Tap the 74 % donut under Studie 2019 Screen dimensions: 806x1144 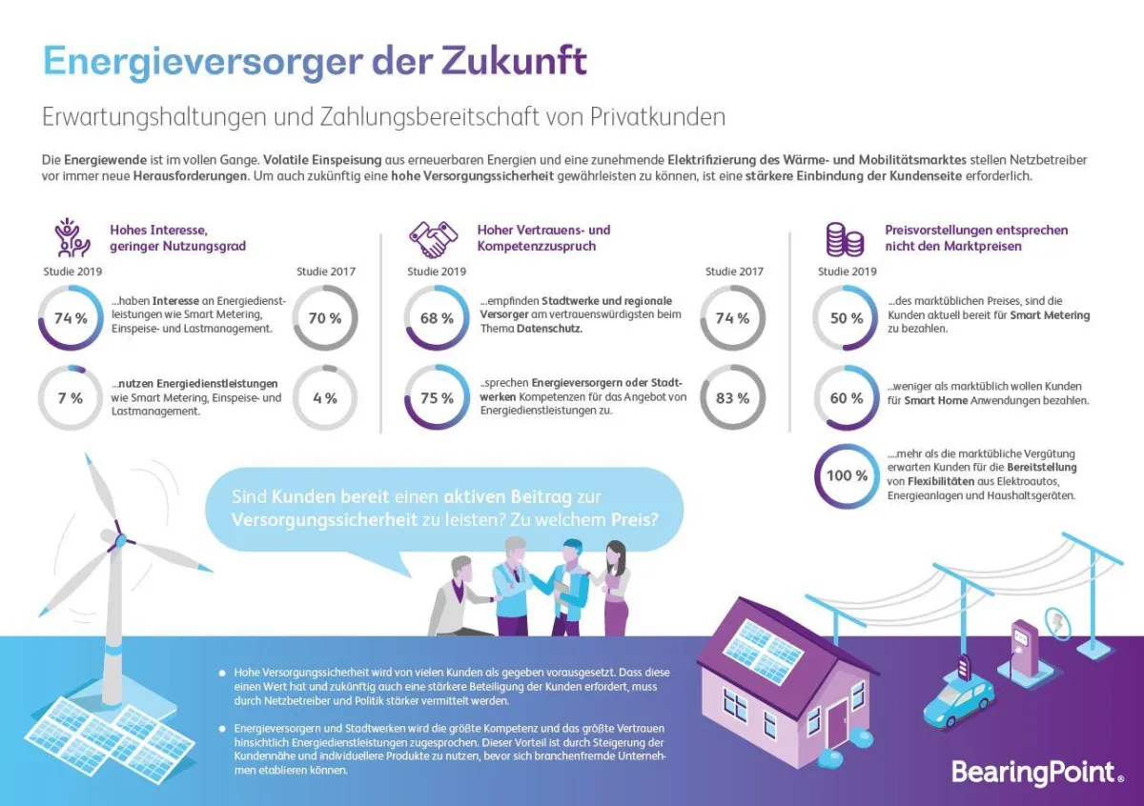tap(71, 318)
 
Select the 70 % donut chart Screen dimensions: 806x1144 tap(325, 318)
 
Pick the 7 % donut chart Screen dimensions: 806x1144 tap(71, 398)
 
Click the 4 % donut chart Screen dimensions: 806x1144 tap(325, 398)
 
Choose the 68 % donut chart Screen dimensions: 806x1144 tap(437, 318)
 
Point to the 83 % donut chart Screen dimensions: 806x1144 tap(732, 398)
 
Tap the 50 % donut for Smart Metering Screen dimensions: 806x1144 tap(846, 318)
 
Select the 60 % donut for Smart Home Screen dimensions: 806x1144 tap(846, 398)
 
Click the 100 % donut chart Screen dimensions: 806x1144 tap(847, 475)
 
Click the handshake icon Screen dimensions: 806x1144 tap(434, 238)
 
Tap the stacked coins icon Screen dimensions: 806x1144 tap(844, 238)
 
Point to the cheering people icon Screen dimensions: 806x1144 tap(72, 238)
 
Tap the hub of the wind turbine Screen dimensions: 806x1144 tap(119, 531)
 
